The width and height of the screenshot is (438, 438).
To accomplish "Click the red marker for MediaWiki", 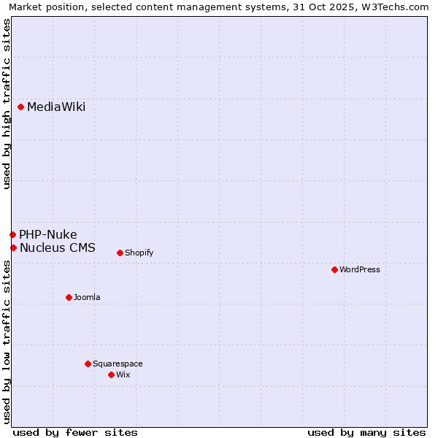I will (21, 107).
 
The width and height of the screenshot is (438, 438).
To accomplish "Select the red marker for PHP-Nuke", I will (12, 234).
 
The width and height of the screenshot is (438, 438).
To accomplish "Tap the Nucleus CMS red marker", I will (13, 248).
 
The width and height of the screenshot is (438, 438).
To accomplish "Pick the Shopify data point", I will (120, 253).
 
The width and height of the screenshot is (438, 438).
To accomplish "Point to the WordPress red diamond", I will (334, 269).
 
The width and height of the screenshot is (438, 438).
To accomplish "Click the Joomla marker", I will (69, 297).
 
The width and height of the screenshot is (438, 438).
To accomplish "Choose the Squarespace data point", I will (88, 364).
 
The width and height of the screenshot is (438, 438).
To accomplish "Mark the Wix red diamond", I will (111, 374).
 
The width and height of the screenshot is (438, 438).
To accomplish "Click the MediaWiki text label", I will (56, 107).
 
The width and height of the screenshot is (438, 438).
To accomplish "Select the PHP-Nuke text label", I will (48, 234).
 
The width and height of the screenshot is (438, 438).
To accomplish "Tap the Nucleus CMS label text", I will (58, 248).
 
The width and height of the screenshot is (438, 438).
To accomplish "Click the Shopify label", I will (139, 253).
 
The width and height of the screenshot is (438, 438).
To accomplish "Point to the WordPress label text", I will (360, 269).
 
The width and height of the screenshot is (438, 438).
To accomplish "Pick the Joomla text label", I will (87, 297).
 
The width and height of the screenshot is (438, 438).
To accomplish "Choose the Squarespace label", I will (118, 364).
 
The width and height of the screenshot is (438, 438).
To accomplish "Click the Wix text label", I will (123, 374).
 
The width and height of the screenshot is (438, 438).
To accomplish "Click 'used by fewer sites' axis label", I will (75, 432).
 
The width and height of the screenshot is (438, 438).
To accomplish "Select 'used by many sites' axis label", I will (366, 432).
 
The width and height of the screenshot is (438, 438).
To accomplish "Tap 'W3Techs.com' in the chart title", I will (399, 7).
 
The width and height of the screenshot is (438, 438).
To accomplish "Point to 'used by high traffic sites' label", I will (7, 104).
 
